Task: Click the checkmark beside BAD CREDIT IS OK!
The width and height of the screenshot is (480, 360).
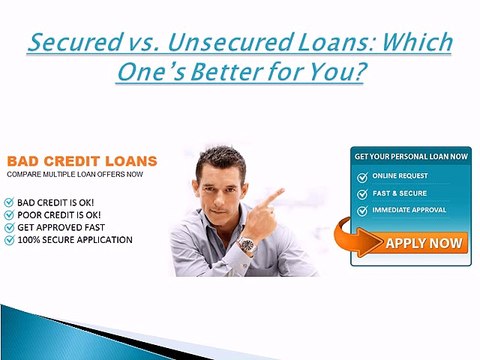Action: tap(10, 201)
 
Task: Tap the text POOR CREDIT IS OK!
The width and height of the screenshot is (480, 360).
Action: tap(61, 214)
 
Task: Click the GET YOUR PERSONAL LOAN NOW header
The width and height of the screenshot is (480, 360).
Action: tap(410, 157)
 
